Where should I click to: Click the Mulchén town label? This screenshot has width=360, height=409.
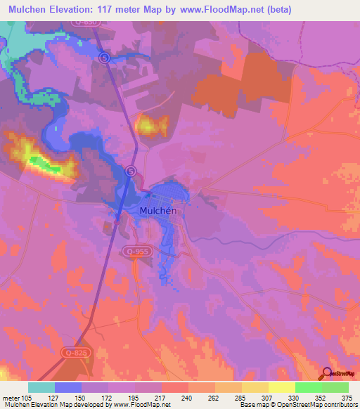click(x=162, y=210)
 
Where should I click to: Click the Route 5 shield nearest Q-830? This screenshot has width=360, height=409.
click(x=105, y=58)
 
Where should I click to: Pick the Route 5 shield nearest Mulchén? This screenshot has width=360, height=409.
click(x=131, y=171)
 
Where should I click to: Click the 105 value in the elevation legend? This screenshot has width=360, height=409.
click(x=28, y=398)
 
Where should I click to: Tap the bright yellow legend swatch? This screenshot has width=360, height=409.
click(x=281, y=387)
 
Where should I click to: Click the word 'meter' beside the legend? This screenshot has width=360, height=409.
click(x=11, y=398)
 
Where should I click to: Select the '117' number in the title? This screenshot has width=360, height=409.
click(x=130, y=9)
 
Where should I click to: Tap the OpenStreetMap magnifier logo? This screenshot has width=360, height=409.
click(x=328, y=373)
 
